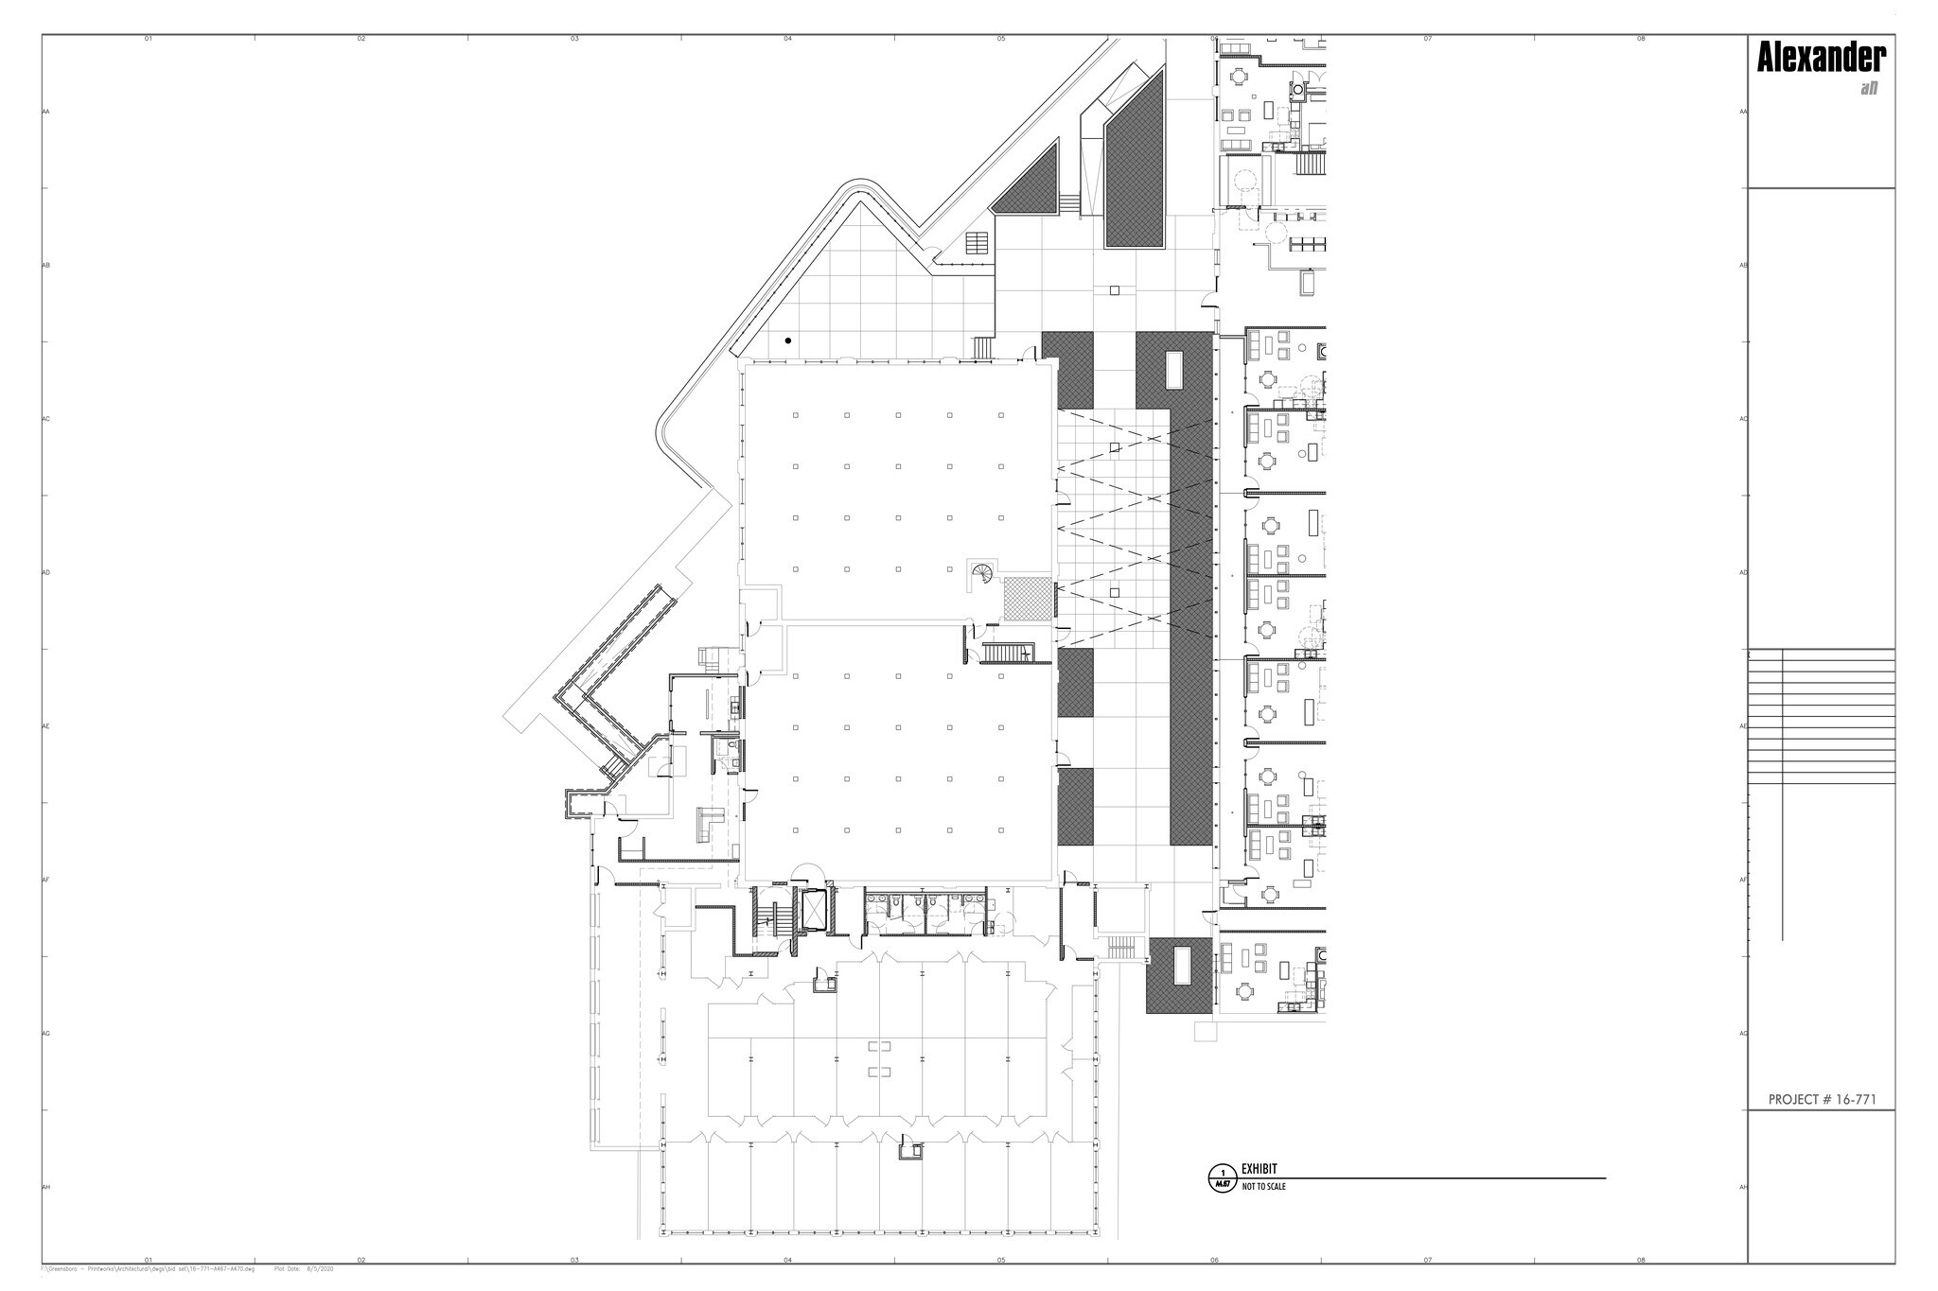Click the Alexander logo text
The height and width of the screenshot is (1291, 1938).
(x=1821, y=59)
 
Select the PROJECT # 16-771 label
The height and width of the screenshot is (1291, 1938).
(x=1822, y=1100)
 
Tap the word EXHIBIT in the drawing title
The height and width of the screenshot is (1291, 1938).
(x=1259, y=1169)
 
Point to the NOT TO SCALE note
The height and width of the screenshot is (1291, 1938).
(x=1263, y=1186)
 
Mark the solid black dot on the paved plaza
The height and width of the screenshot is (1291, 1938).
(x=788, y=340)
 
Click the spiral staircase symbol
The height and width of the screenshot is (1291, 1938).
(x=981, y=573)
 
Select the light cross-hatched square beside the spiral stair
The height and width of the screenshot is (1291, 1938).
(x=1028, y=599)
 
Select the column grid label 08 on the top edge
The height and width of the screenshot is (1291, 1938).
(x=1641, y=39)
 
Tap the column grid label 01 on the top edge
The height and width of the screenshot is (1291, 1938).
(x=148, y=39)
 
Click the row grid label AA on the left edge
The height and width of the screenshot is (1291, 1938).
(x=45, y=112)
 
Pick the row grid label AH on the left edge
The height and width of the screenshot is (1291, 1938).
(x=45, y=1187)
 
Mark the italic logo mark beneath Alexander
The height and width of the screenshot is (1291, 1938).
(x=1868, y=89)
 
